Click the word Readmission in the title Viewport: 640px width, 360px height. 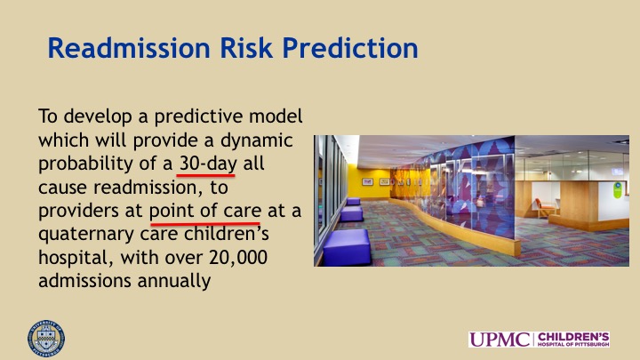[x=129, y=48]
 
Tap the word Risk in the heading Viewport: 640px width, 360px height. [x=246, y=48]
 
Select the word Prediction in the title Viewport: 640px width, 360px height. [x=350, y=48]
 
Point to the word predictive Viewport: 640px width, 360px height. [x=198, y=116]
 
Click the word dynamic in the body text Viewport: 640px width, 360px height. [x=256, y=140]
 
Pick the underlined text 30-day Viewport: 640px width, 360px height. [x=208, y=164]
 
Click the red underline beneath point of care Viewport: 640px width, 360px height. [x=205, y=224]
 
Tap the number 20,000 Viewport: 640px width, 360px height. [x=238, y=258]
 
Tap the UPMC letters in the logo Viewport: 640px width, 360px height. [x=500, y=340]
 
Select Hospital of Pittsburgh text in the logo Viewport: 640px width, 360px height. [x=573, y=345]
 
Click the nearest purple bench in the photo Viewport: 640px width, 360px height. [x=347, y=247]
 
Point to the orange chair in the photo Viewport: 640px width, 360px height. [x=543, y=207]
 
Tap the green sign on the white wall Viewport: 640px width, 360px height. [x=618, y=190]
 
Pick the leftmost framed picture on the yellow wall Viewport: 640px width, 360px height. [x=367, y=181]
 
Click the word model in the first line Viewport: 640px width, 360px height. [x=276, y=116]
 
